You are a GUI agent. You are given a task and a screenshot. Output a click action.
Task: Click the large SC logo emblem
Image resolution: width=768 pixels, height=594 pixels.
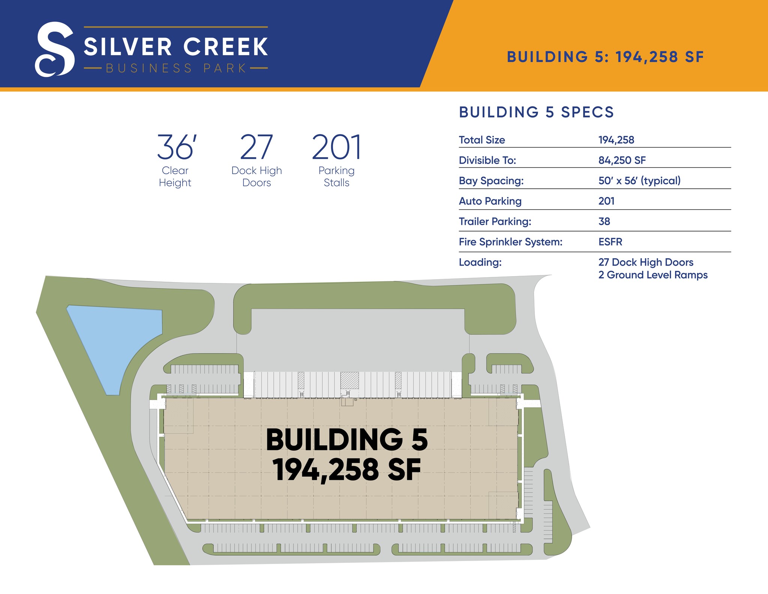point(55,49)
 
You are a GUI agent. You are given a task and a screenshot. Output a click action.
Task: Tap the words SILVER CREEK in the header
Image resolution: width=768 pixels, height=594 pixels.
point(175,47)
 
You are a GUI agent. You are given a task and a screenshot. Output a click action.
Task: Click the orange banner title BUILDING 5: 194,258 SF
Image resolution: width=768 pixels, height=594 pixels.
point(605,57)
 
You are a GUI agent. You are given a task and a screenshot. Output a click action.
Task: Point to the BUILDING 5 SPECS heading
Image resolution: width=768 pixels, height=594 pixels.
point(536,112)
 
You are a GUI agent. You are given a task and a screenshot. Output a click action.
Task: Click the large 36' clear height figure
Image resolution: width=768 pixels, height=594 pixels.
point(176,147)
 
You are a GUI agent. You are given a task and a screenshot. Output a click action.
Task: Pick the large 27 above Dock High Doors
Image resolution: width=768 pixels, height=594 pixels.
point(256,147)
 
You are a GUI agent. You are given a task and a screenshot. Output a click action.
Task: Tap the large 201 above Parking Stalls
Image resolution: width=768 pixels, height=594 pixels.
point(336,147)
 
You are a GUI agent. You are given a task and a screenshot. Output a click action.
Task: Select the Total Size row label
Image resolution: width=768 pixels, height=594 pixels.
point(482,140)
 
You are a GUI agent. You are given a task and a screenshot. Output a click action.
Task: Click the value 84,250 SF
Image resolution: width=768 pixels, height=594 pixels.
point(622,160)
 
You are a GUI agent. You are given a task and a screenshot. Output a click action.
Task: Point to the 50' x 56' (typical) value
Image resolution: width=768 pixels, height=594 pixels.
point(639,180)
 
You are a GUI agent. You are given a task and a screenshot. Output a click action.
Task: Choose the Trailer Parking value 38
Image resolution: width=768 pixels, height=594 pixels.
point(604,221)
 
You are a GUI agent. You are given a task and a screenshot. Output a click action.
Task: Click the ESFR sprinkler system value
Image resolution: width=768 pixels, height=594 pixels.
point(610,242)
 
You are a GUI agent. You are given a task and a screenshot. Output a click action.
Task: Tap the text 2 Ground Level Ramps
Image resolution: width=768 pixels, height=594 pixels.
point(653,275)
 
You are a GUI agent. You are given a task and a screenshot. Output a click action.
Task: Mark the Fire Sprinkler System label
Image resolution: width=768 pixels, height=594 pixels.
point(510,242)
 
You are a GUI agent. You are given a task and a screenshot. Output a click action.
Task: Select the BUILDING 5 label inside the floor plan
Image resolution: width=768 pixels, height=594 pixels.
point(346,440)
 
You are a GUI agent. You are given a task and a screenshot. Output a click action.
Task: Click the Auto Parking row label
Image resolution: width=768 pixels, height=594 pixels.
point(490,201)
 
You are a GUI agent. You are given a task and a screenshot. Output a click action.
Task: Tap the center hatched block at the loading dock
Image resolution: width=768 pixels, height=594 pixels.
point(349,380)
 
